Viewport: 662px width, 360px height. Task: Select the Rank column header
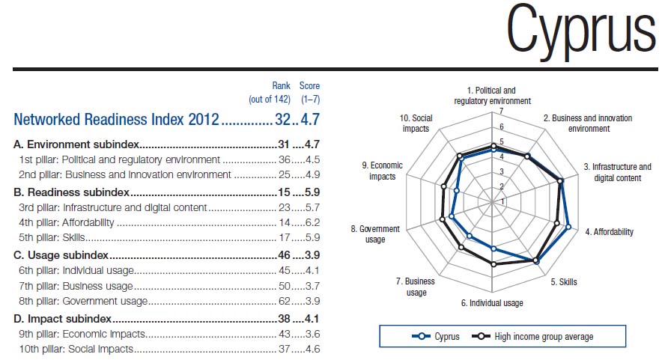[x=281, y=86]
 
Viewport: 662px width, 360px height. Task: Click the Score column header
[x=309, y=86]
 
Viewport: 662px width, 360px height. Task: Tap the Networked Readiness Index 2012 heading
[x=116, y=119]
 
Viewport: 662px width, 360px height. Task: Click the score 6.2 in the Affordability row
[x=312, y=222]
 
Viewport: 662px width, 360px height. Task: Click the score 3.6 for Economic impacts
[x=312, y=334]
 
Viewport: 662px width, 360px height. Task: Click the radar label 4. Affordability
[x=609, y=232]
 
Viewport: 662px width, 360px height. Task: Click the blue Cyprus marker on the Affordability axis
[x=568, y=227]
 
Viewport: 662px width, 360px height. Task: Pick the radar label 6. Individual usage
[x=491, y=303]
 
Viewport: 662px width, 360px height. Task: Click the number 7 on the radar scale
[x=492, y=112]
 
